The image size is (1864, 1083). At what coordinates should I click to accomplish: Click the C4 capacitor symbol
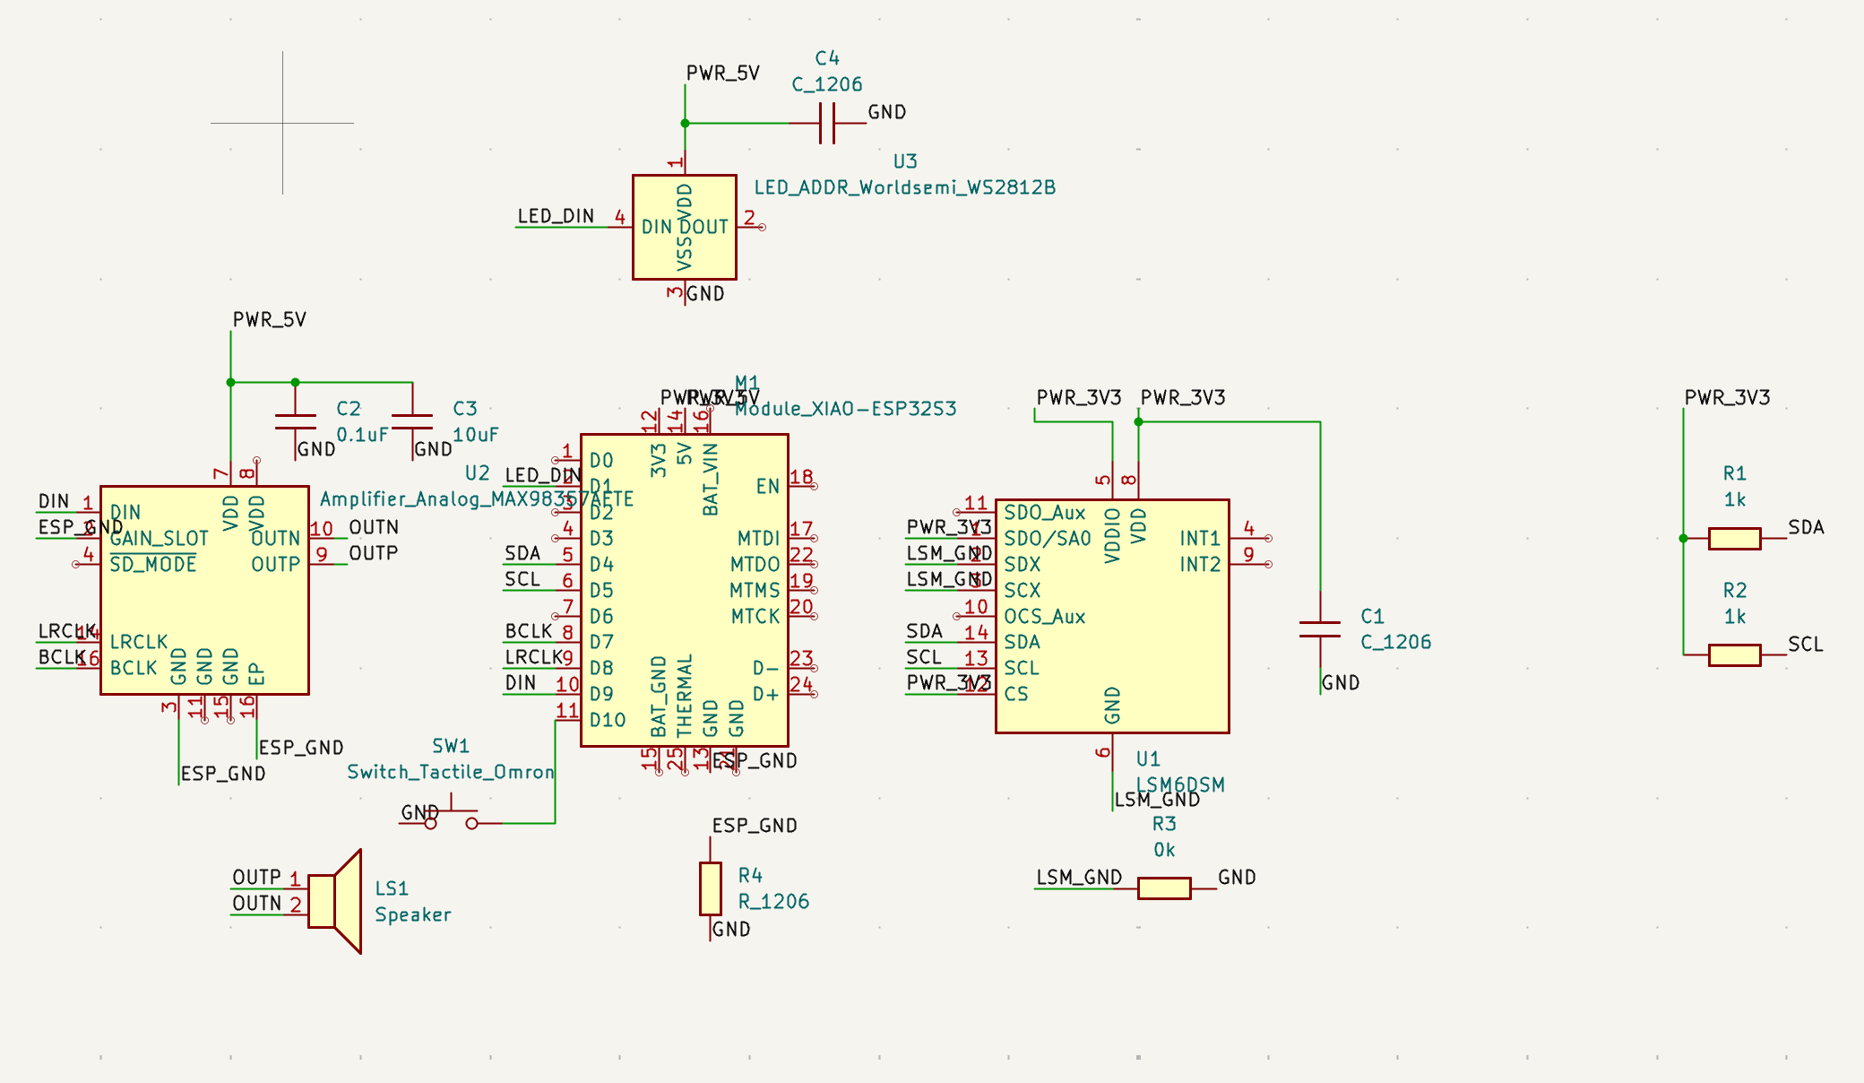coord(827,123)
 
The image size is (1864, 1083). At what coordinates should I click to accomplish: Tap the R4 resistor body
coord(711,888)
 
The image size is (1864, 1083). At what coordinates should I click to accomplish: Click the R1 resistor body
coord(1734,538)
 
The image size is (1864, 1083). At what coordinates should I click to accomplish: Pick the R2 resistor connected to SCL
coord(1734,655)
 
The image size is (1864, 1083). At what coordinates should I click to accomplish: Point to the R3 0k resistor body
coord(1164,888)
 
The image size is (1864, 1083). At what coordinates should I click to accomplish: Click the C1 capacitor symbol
coord(1320,629)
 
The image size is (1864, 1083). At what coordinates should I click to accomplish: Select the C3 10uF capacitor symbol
coord(412,421)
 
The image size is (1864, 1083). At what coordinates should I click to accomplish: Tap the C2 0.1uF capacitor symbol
coord(296,421)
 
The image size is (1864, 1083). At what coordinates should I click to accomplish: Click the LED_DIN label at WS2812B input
coord(556,216)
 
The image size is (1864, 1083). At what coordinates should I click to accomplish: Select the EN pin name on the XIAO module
coord(767,487)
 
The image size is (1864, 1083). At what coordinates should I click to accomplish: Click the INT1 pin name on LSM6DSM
coord(1200,539)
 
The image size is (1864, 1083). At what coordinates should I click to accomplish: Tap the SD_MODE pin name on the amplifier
coord(153,565)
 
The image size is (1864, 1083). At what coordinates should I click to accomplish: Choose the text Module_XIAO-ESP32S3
coord(845,409)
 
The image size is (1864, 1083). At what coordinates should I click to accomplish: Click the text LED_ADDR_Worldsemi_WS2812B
coord(904,187)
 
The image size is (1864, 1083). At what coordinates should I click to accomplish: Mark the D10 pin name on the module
coord(608,720)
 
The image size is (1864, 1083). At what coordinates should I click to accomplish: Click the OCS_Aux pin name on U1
coord(1044,617)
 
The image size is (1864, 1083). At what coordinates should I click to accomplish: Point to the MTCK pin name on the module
coord(755,617)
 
